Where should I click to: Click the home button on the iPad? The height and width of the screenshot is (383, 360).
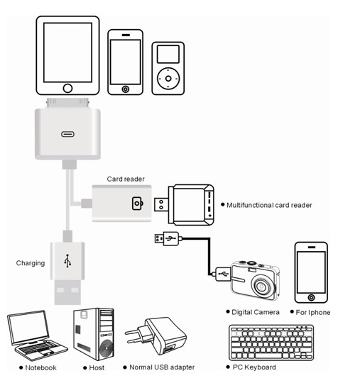click(x=67, y=88)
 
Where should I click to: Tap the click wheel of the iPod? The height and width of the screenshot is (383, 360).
click(x=168, y=79)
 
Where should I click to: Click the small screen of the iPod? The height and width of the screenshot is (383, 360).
click(x=168, y=54)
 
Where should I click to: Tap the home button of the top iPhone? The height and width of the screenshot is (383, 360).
click(x=126, y=89)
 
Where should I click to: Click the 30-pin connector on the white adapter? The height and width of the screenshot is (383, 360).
click(x=67, y=103)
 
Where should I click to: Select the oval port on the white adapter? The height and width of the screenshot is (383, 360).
click(x=67, y=134)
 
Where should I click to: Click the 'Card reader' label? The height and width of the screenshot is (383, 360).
click(x=126, y=179)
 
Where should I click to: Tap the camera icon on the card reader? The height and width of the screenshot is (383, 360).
click(x=138, y=204)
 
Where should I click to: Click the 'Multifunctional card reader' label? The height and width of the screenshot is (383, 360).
click(x=269, y=205)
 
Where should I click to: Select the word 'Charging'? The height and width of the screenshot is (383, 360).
click(x=31, y=263)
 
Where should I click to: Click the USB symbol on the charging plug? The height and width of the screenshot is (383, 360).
click(x=67, y=261)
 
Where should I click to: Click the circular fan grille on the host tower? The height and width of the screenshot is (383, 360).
click(x=107, y=348)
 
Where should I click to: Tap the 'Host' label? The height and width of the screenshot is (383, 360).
click(x=97, y=367)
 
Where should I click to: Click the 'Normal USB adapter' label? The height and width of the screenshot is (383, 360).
click(x=162, y=367)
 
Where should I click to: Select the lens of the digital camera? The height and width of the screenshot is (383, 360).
click(x=262, y=286)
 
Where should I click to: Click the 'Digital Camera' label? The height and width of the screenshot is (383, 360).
click(x=256, y=312)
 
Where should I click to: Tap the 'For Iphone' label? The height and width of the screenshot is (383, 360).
click(x=313, y=312)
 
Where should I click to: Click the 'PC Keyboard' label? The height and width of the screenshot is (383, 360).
click(x=254, y=367)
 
